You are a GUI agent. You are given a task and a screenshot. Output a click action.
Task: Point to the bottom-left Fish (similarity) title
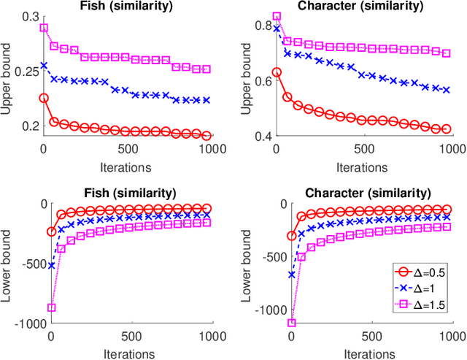tap(127, 193)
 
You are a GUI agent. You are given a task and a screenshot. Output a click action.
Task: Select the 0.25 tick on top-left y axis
tap(23, 72)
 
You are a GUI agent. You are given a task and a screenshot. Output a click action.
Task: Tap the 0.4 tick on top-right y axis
tap(260, 137)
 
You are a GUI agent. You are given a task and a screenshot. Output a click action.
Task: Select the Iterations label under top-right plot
tap(362, 166)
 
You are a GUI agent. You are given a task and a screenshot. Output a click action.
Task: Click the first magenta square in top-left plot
tap(43, 28)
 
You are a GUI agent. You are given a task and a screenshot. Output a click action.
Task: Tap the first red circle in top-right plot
tap(276, 72)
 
